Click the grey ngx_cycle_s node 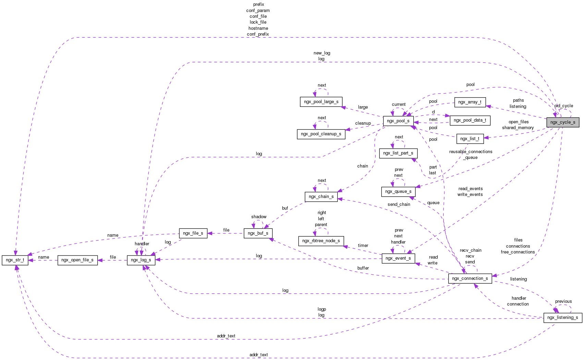pos(563,122)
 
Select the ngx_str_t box pos(15,260)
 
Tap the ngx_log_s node pos(141,260)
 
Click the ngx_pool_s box pos(398,121)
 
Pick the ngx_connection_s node pos(470,278)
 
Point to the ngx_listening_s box pos(562,318)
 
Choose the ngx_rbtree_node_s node pos(321,241)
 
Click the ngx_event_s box pos(398,258)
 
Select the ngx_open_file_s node pos(77,260)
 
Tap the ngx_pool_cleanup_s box pos(321,134)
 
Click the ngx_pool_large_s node pos(321,102)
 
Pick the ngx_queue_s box pos(398,191)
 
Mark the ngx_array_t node pos(470,102)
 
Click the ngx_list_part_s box pos(398,153)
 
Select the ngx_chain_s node pos(321,197)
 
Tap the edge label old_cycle pos(563,106)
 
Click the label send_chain pos(399,204)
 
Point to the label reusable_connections pos(471,152)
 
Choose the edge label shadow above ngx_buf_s pos(259,217)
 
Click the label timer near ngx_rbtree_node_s pos(363,246)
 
